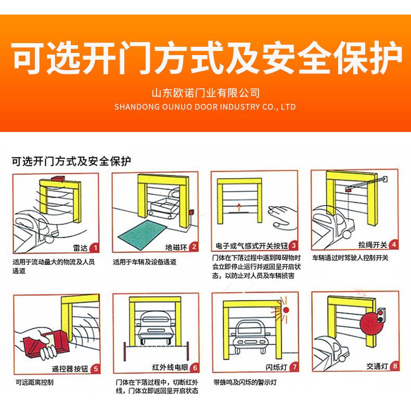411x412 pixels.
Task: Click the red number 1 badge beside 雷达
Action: point(95,248)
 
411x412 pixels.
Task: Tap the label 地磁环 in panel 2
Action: point(176,247)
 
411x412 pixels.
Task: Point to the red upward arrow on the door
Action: point(239,207)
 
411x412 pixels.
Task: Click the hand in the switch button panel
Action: point(282,216)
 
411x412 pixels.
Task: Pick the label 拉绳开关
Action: point(373,245)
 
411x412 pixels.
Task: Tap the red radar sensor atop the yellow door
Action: point(58,178)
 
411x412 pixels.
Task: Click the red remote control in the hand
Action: point(47,341)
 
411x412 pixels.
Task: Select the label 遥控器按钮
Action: point(70,369)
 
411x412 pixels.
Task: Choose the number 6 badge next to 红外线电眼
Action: point(195,368)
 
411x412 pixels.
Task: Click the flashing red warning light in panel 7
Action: point(286,310)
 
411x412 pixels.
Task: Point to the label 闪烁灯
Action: point(276,367)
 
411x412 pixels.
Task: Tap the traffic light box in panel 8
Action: point(380,315)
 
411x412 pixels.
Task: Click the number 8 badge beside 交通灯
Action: point(395,366)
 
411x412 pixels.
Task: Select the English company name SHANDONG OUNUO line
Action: point(205,107)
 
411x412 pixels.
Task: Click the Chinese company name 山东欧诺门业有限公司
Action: point(205,93)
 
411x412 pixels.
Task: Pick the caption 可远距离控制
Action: point(34,382)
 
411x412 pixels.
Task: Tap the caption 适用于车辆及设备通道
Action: point(145,262)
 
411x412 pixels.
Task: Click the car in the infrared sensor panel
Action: point(156,327)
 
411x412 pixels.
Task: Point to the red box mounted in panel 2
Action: point(191,212)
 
